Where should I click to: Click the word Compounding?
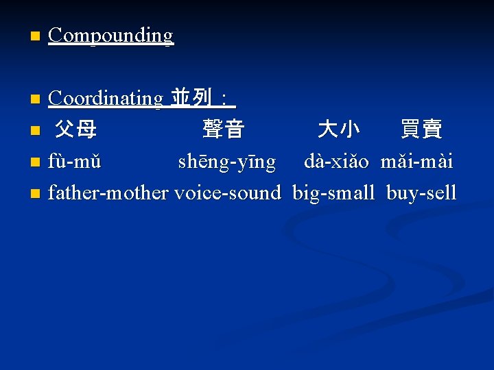[x=110, y=35]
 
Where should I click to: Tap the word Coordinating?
[x=105, y=99]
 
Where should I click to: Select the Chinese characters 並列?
[x=191, y=99]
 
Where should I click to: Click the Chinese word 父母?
[x=75, y=129]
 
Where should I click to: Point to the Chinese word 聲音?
[x=224, y=129]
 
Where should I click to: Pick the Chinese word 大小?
[x=339, y=129]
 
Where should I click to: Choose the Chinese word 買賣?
[x=421, y=129]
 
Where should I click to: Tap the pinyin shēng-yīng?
[x=227, y=162]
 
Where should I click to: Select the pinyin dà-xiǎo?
[x=337, y=162]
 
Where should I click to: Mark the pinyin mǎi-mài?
[x=416, y=162]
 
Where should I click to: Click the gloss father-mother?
[x=108, y=193]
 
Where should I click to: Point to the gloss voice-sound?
[x=228, y=193]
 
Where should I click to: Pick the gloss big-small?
[x=333, y=193]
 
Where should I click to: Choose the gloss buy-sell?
[x=421, y=193]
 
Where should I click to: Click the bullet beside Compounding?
[x=36, y=36]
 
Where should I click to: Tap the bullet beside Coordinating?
[x=36, y=100]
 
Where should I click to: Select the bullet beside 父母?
[x=36, y=130]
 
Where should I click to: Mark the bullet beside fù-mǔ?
[x=36, y=163]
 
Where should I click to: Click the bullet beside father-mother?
[x=36, y=194]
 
